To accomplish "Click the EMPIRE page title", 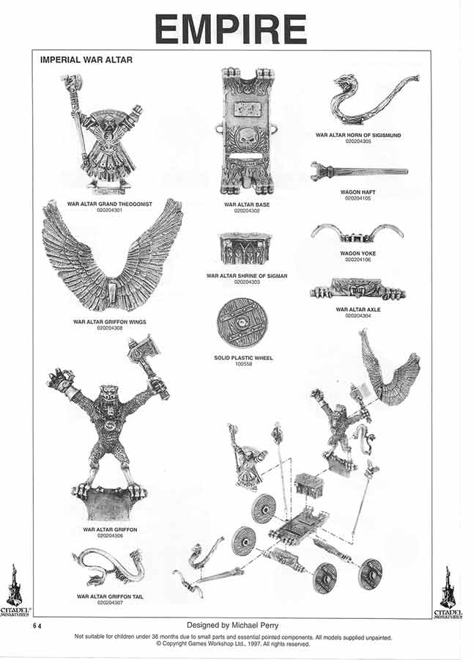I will point(231,29).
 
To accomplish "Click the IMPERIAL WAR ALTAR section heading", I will point(86,59).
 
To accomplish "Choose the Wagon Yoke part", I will point(358,233).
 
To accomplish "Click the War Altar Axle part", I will point(358,289).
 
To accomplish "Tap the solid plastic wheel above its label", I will point(240,321).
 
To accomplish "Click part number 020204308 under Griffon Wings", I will point(110,328).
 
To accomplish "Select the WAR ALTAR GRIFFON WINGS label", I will point(110,321).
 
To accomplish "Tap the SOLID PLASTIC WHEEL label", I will point(243,358).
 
